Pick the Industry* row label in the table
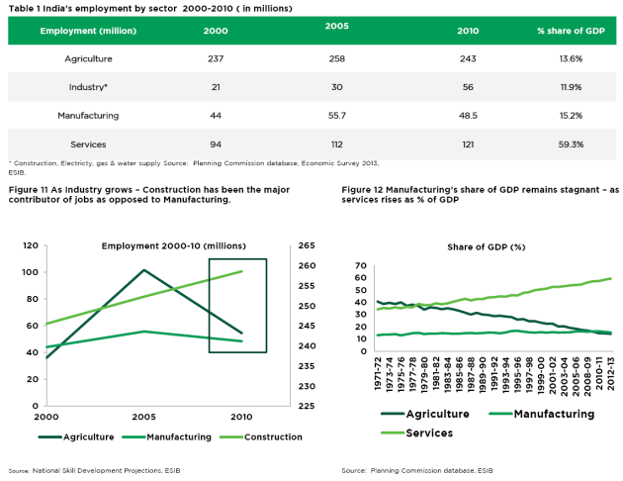click(x=88, y=87)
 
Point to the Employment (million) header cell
click(x=88, y=30)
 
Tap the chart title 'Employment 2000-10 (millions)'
click(x=173, y=245)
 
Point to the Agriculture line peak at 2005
click(x=144, y=270)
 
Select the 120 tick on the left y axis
click(x=30, y=245)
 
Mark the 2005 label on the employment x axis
click(x=144, y=418)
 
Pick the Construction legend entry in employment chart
click(x=262, y=436)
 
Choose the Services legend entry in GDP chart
click(x=424, y=433)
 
